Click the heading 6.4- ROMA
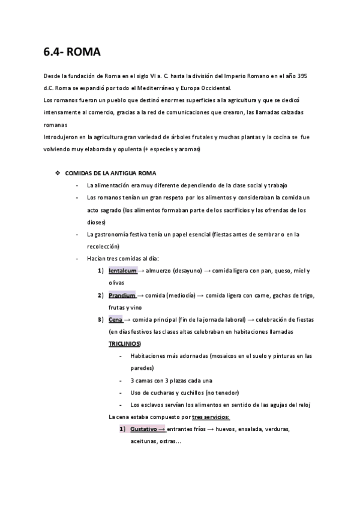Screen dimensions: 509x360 72,53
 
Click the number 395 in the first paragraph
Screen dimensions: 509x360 308,77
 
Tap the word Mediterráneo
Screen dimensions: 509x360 161,88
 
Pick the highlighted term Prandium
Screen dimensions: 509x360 122,295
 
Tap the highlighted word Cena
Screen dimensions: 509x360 115,319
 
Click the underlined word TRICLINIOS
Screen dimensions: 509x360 124,343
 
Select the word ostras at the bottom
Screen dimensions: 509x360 169,441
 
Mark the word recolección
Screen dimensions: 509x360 103,246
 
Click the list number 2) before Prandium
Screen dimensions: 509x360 101,295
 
